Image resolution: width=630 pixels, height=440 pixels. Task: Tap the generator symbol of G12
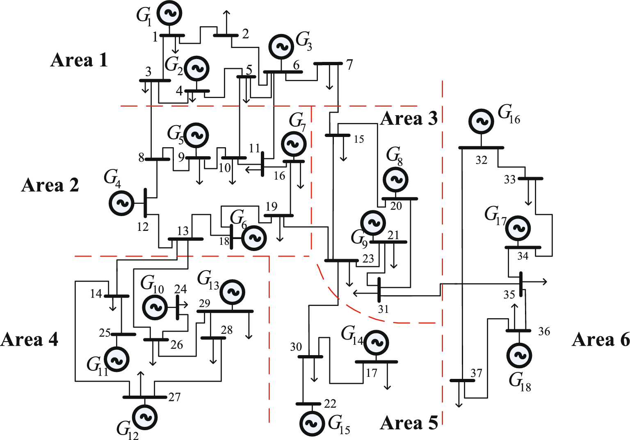coord(145,417)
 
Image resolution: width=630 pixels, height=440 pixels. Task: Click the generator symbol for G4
coord(122,203)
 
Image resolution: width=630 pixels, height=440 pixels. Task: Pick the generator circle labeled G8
coord(396,179)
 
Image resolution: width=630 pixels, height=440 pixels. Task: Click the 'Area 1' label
coord(79,60)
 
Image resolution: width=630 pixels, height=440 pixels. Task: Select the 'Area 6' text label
coord(600,340)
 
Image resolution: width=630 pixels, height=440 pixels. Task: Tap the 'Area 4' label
coord(30,340)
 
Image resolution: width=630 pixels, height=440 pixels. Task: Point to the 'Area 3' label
coord(409,119)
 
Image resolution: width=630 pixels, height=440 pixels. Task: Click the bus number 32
coord(481,160)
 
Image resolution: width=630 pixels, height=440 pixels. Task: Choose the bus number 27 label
coord(174,397)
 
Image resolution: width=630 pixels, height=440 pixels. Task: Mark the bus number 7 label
coord(349,64)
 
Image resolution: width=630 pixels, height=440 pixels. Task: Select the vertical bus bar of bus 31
coord(379,290)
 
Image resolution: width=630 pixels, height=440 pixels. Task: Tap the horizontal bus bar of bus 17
coord(376,362)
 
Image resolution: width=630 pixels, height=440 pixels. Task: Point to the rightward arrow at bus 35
coord(537,282)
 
